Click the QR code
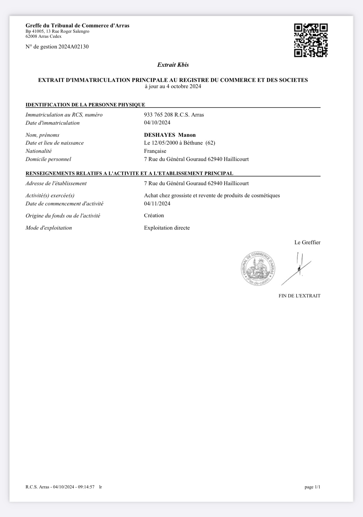311,40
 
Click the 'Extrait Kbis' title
173,65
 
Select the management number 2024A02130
73,47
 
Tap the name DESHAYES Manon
170,135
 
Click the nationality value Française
155,151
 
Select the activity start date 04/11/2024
157,204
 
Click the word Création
154,215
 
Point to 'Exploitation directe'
167,228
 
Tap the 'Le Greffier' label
307,242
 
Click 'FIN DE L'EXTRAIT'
299,296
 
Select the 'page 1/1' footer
312,487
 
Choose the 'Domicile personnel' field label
48,159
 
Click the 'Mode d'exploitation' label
49,228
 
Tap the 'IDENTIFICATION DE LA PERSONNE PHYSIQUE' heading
85,105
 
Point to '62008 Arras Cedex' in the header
43,36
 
